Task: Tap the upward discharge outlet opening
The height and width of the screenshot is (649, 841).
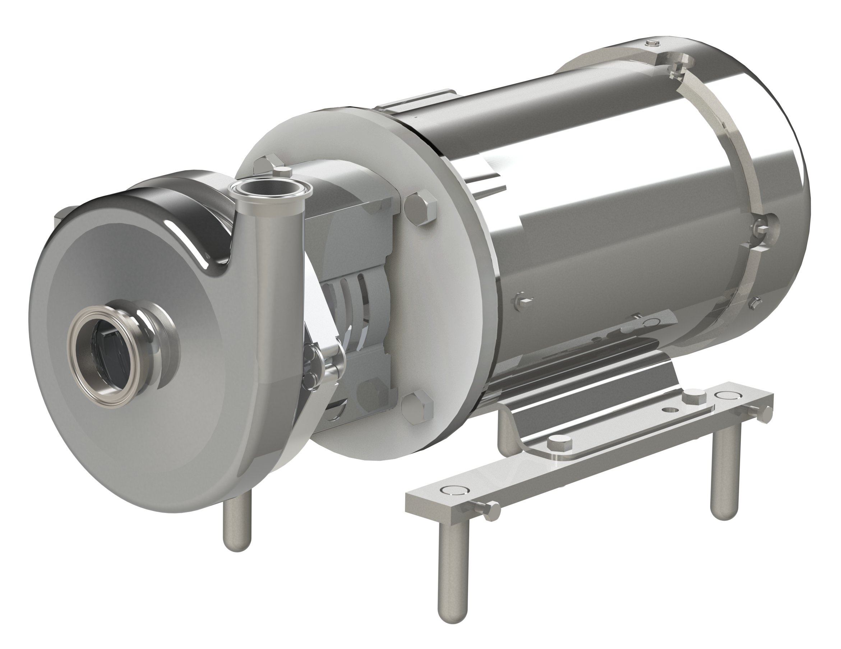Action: coord(270,190)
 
